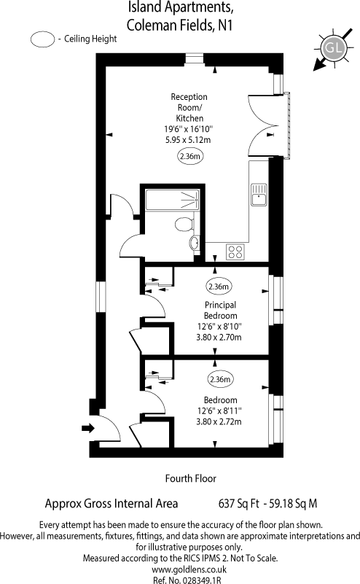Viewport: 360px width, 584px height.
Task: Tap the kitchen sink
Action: pos(259,195)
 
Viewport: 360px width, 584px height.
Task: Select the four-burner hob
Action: pos(235,252)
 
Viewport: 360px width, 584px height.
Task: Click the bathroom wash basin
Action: pos(195,244)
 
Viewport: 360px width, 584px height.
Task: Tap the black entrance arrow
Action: pos(89,428)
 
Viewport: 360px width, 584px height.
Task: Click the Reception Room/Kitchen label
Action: pos(189,107)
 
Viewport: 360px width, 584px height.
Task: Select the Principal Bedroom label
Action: pos(220,310)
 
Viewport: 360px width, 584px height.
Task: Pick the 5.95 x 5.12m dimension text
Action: pos(189,140)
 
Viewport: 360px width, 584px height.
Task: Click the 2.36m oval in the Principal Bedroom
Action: pos(219,287)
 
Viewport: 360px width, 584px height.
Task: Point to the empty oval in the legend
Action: pos(42,40)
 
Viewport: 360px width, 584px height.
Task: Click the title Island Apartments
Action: pos(181,8)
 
